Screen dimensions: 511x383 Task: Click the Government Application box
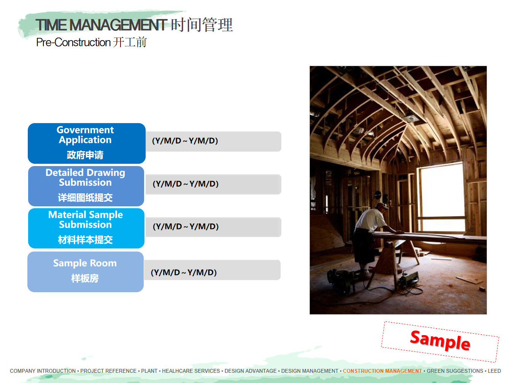87,143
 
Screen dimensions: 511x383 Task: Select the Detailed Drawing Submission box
86,186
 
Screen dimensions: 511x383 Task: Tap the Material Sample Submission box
86,228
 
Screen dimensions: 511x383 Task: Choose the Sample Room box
86,272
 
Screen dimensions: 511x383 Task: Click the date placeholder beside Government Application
185,141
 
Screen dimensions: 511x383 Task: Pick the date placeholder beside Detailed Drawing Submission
186,184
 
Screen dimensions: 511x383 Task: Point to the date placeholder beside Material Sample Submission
186,227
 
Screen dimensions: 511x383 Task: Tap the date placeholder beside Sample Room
184,272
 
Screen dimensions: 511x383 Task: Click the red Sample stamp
440,341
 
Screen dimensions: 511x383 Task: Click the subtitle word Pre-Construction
73,42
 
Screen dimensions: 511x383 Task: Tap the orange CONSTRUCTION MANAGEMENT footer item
382,371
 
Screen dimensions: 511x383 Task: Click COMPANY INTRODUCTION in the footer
43,371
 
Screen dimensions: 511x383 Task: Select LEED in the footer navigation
494,371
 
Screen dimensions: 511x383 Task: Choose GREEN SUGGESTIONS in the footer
455,371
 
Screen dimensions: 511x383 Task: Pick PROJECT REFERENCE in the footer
108,371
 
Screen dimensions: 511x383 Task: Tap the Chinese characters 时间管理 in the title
202,25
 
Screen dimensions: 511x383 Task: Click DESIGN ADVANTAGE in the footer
251,371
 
